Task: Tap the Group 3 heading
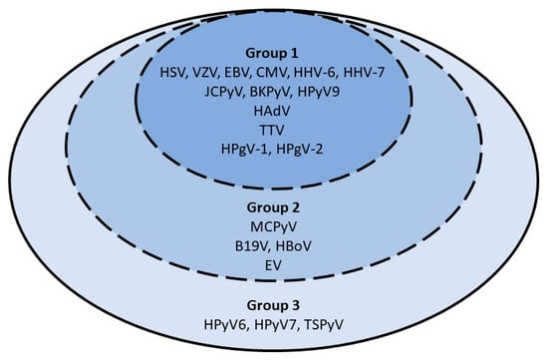point(274,303)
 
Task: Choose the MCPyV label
point(274,230)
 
